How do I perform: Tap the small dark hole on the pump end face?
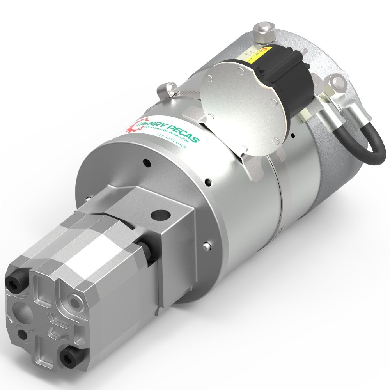coord(24,335)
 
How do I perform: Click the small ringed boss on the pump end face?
coord(73,300)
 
